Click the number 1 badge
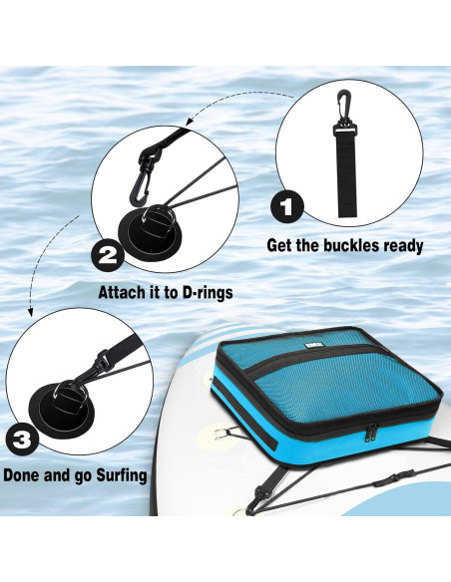[287, 207]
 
